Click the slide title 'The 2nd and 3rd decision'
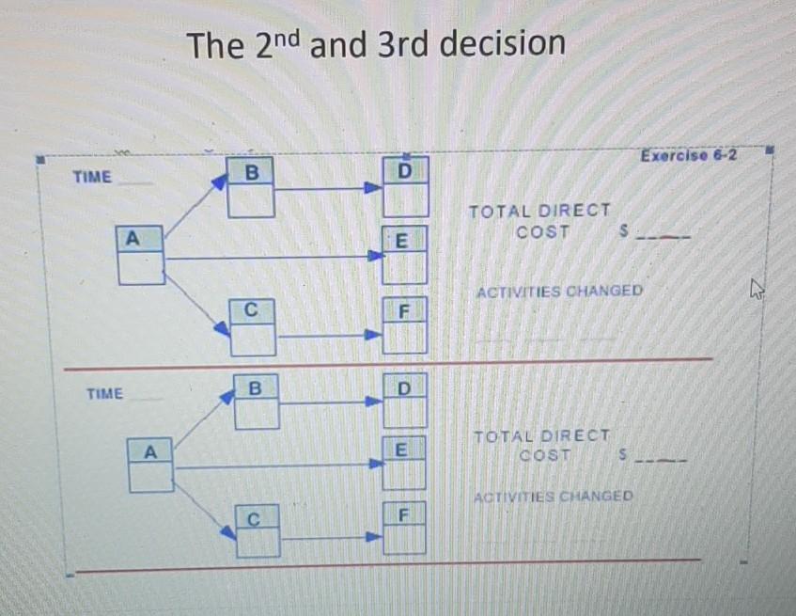[376, 44]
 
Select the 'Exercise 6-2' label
[688, 155]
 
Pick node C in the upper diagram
[253, 324]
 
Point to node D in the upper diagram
[405, 187]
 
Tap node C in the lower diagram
[257, 530]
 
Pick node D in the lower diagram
[404, 402]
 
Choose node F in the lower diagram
[404, 529]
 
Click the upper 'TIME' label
[92, 176]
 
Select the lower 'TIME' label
[104, 394]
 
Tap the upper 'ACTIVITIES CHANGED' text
[559, 291]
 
